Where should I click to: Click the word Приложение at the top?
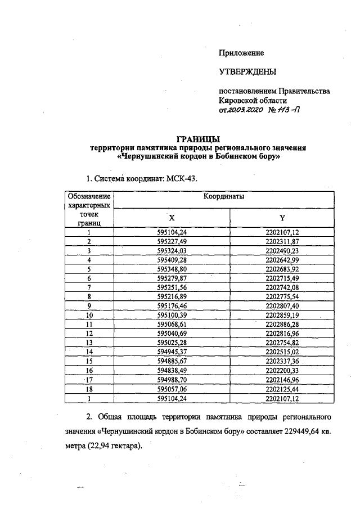point(241,53)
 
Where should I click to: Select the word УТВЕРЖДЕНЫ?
point(247,72)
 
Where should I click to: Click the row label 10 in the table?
point(89,316)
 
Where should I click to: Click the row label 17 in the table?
point(89,380)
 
